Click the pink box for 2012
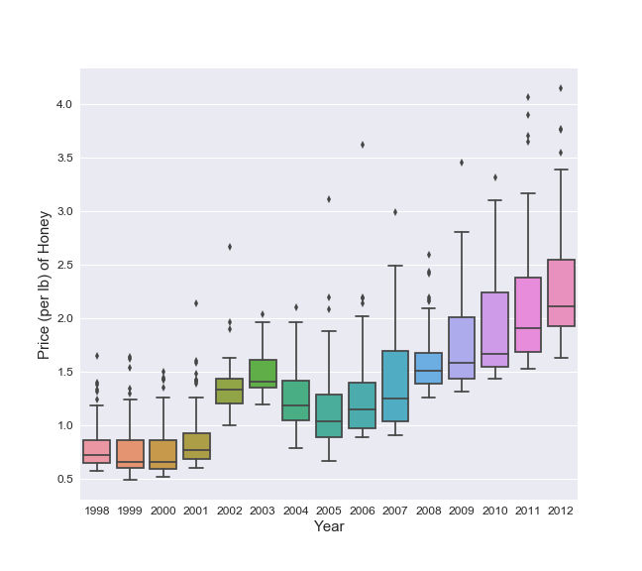click(561, 292)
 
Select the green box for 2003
click(263, 374)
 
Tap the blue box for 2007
click(395, 386)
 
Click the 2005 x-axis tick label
click(329, 511)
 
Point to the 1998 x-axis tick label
click(97, 511)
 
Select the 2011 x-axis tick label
click(528, 511)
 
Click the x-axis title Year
click(329, 527)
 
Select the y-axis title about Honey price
click(44, 284)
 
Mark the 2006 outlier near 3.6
click(363, 145)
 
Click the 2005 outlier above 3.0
click(329, 199)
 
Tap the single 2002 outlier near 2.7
click(230, 247)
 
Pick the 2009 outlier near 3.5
click(462, 163)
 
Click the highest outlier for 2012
click(561, 88)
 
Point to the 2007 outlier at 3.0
click(395, 212)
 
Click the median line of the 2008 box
click(428, 371)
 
